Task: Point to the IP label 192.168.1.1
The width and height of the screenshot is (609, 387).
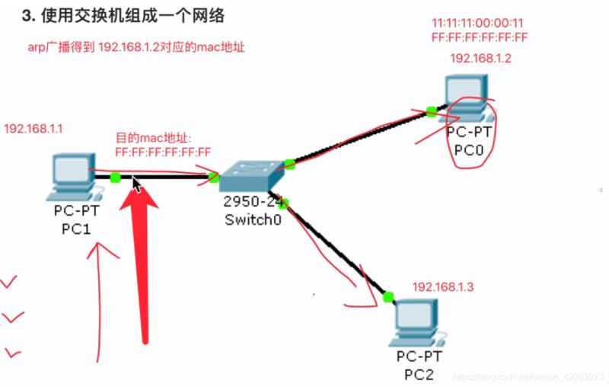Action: tap(33, 129)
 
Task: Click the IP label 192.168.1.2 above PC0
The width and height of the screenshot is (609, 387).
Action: tap(480, 58)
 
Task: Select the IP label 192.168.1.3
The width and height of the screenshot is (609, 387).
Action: tap(443, 286)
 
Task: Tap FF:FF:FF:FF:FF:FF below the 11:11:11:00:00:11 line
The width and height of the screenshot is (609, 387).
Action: tap(480, 37)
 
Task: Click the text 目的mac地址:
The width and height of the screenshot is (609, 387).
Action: tap(155, 139)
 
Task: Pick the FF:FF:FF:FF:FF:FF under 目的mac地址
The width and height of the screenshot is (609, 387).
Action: tap(163, 152)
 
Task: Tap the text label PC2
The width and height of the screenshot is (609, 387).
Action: tap(420, 373)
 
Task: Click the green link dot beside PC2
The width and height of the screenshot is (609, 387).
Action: tap(388, 296)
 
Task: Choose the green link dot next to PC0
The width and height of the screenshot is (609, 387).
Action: tap(432, 111)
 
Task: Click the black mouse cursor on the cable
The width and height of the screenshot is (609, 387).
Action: tap(136, 184)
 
